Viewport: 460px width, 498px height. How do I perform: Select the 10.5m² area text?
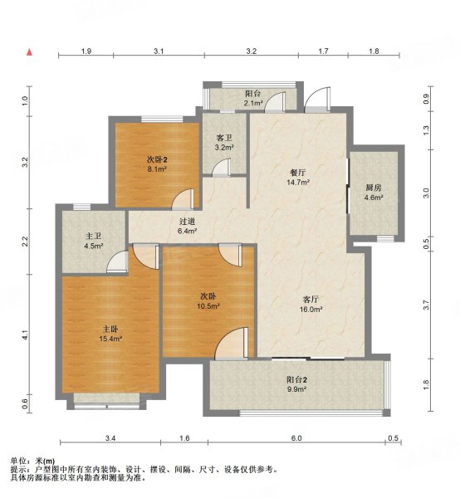[x=208, y=306]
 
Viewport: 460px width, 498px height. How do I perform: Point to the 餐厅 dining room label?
[x=298, y=172]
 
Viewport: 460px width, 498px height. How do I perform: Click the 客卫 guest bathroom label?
[x=224, y=137]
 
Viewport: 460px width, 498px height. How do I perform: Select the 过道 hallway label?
[x=187, y=222]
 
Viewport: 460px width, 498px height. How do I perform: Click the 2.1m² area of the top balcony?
[x=253, y=104]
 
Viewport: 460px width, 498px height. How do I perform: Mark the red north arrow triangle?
[x=30, y=53]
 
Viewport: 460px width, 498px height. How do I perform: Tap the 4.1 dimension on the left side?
[x=26, y=335]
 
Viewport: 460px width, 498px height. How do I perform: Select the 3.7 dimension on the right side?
[x=427, y=305]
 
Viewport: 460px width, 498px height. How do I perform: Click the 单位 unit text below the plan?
[x=18, y=461]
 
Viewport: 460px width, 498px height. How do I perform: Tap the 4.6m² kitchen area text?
[x=374, y=198]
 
